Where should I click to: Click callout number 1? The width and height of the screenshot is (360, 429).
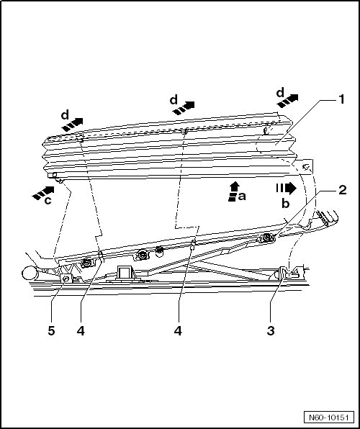(341, 99)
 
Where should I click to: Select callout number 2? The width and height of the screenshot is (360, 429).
(343, 190)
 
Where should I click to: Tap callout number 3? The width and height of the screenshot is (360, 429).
(271, 331)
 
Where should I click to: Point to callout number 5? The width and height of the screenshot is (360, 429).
(51, 331)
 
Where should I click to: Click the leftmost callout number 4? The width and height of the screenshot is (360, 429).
(81, 331)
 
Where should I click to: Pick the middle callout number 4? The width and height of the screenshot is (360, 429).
(178, 331)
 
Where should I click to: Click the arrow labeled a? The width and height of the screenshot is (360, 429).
(233, 191)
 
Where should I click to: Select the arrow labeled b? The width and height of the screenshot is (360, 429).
(287, 189)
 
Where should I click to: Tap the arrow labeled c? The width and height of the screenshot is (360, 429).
(43, 193)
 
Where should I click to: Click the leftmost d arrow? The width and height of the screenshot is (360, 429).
(72, 125)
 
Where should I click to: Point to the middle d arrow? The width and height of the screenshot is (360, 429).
(184, 108)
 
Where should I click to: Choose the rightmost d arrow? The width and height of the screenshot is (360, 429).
(287, 101)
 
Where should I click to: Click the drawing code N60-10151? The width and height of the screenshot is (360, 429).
(329, 417)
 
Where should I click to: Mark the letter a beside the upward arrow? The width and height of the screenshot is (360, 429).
(242, 197)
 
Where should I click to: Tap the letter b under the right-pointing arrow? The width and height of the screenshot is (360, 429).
(286, 203)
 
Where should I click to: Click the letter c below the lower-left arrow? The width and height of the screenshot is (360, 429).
(48, 201)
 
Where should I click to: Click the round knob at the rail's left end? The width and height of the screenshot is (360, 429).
(30, 274)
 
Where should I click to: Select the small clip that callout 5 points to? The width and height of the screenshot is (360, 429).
(66, 279)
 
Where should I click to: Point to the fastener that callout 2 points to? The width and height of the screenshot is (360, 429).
(266, 238)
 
